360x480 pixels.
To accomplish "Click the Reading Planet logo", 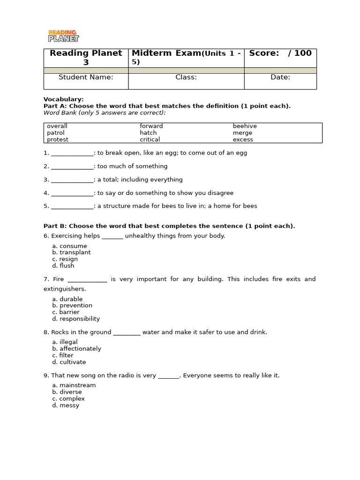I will tap(63, 36).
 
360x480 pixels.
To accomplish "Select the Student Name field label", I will tap(86, 77).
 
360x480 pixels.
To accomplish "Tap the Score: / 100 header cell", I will tap(280, 53).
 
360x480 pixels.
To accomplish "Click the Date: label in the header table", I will tap(280, 77).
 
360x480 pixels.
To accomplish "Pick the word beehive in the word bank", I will tap(245, 126).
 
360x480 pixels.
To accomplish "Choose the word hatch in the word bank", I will tap(148, 133).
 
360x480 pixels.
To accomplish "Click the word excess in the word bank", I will tap(243, 140).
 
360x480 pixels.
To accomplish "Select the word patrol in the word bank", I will tap(56, 133).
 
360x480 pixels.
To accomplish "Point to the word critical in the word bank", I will tap(150, 140).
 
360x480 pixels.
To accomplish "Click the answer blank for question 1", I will tap(72, 153).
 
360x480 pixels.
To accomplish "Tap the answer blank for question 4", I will tap(72, 193).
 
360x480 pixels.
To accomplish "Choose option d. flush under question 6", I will tap(63, 266).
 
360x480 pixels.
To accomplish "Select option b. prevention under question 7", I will tap(72, 306).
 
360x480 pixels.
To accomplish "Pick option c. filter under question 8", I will tap(63, 355).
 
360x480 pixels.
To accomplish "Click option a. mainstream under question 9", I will tap(74, 385).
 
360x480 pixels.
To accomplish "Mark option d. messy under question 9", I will tap(66, 405).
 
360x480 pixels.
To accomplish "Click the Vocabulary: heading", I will tap(64, 99).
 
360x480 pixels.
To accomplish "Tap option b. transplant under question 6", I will tap(71, 253).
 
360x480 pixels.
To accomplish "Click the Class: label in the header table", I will tap(186, 77).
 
